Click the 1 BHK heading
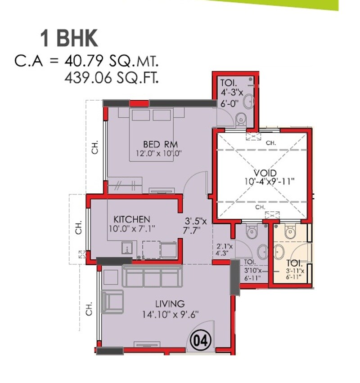pos(69,39)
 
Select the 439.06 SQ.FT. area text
pos(112,79)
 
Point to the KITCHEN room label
pos(131,219)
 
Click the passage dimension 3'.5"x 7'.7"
pos(196,225)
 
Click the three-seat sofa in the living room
pos(153,276)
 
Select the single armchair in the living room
pos(112,301)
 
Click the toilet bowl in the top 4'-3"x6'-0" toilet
pos(242,118)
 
